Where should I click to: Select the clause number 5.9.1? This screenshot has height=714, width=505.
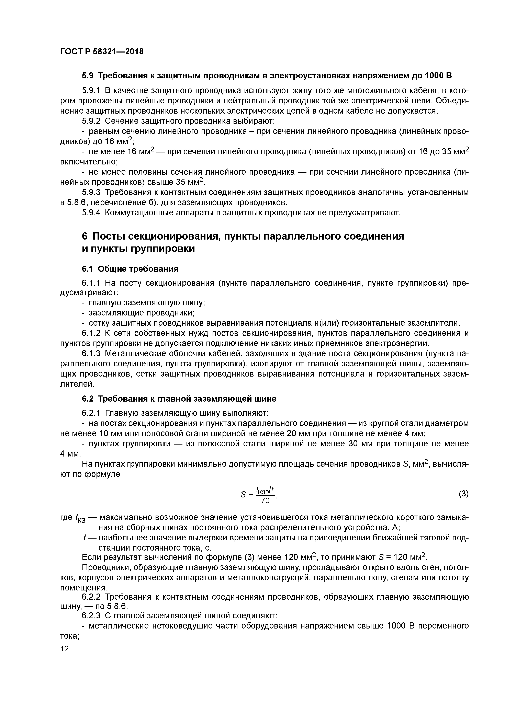click(x=91, y=91)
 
